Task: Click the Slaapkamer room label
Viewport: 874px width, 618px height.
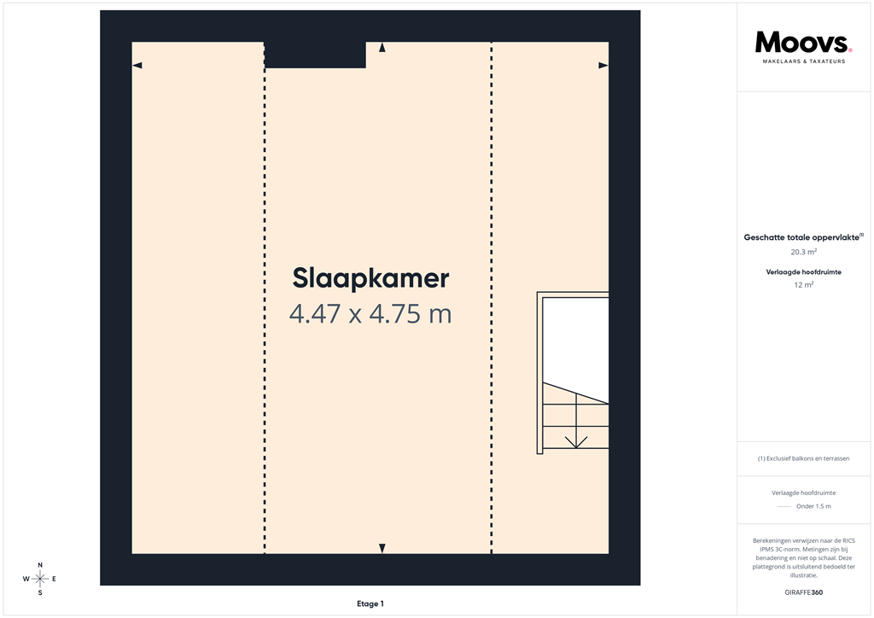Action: (x=370, y=278)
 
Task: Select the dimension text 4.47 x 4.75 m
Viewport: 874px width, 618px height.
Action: (x=370, y=314)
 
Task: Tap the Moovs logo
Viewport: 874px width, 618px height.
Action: (x=802, y=42)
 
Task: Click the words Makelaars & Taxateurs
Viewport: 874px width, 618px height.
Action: (x=803, y=61)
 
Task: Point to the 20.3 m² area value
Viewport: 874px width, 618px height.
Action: (x=803, y=253)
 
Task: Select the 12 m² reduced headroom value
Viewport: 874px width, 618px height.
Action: (x=803, y=285)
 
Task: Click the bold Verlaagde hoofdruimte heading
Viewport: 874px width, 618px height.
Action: (x=803, y=271)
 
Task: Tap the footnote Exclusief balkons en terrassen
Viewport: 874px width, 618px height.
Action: (x=803, y=458)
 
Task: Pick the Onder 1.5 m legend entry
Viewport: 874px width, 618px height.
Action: (x=813, y=506)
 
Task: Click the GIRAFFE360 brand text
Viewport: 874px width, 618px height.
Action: (x=803, y=592)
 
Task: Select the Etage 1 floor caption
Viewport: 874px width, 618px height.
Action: (x=370, y=603)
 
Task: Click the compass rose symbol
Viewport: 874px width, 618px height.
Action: (x=40, y=579)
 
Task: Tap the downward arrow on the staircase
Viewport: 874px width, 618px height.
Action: (x=576, y=440)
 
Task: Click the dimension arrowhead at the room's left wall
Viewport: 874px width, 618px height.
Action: (x=137, y=66)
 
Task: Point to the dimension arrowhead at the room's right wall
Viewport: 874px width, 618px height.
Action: (x=603, y=66)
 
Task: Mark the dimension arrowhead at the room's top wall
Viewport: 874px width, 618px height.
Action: (x=382, y=48)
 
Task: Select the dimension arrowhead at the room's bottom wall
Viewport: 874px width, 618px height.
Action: (x=382, y=548)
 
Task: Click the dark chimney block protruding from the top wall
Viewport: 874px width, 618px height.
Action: (x=315, y=55)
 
